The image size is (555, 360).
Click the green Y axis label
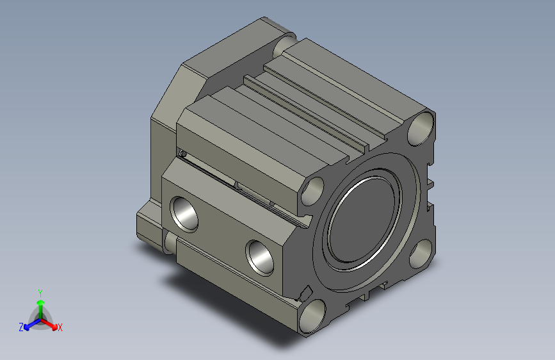pos(40,293)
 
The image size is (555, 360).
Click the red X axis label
pos(60,327)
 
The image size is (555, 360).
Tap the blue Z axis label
pos(21,327)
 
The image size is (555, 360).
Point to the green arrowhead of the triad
pos(41,302)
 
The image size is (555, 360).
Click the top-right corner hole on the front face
pos(421,128)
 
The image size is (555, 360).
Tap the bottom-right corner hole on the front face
pos(421,254)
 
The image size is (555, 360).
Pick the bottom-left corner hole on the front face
pos(312,316)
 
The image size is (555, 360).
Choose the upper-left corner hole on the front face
pos(312,191)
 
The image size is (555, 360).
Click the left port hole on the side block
pos(184,214)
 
